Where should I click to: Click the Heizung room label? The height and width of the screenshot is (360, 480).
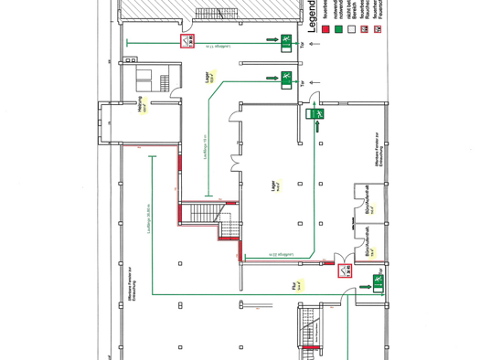click(142, 101)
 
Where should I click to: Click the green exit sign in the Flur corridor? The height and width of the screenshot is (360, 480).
click(376, 285)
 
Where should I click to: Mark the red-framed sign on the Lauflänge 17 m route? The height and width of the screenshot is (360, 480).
click(187, 41)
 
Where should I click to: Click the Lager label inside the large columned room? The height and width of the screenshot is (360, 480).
click(273, 186)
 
